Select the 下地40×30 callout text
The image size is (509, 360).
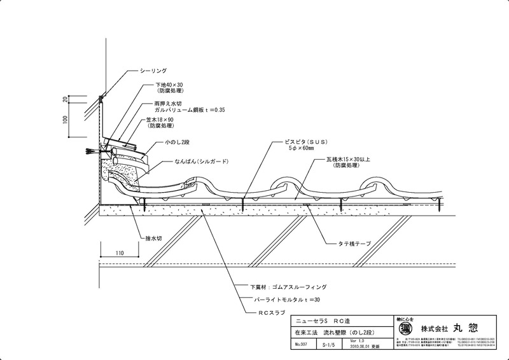(171, 85)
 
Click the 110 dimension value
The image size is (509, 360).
(120, 253)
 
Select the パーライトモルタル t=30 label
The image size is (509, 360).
(283, 299)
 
